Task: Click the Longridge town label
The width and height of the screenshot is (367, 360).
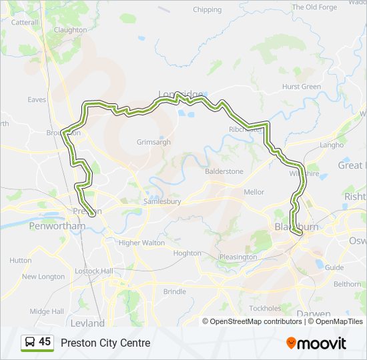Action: pos(180,94)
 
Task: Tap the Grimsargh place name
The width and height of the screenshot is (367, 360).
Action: pos(153,142)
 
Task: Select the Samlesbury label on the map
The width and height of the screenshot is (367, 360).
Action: pos(163,201)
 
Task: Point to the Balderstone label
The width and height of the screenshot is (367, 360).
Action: pos(224,171)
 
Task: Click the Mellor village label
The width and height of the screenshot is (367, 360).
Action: pos(254,192)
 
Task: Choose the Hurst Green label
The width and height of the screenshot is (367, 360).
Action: pos(302,87)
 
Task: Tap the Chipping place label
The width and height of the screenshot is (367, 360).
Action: pos(207,10)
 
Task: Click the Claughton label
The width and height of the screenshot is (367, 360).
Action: pos(70,30)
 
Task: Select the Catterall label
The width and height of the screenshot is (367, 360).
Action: pos(25,22)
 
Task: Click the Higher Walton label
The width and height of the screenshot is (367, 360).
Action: pos(141,243)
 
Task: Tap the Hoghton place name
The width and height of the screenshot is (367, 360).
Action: pos(187,253)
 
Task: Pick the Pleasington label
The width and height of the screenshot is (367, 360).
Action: pos(238,257)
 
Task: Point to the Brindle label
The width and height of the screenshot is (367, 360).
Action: pos(175,291)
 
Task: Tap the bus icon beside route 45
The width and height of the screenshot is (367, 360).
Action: pos(29,343)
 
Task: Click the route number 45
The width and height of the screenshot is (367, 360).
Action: pos(45,342)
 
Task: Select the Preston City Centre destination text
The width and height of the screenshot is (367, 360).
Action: pos(105,343)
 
